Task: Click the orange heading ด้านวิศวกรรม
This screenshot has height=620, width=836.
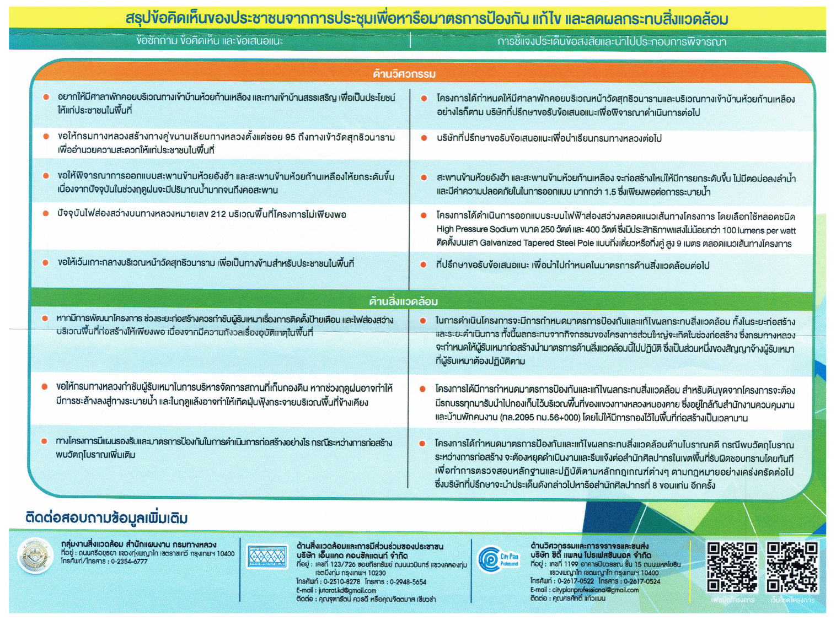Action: click(404, 74)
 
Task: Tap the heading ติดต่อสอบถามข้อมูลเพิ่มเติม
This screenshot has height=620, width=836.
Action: click(106, 518)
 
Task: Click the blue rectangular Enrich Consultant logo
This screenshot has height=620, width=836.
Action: click(267, 557)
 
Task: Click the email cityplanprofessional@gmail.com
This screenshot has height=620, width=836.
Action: click(595, 590)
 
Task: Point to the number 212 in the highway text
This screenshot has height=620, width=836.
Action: click(218, 214)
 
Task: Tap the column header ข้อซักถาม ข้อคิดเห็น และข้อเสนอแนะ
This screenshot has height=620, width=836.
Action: click(210, 41)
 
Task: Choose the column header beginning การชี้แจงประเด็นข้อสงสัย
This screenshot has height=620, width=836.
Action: click(612, 41)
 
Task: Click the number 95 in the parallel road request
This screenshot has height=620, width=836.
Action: click(290, 137)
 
